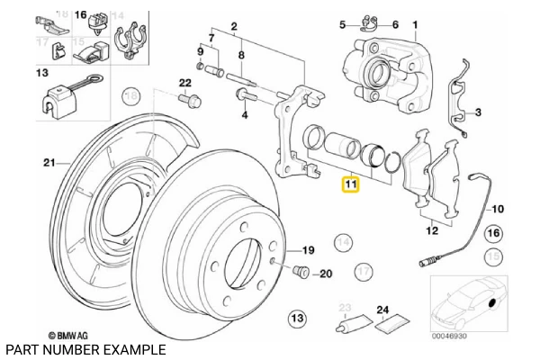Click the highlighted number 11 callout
(x=350, y=185)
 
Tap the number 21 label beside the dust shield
(x=48, y=163)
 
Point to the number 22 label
(x=184, y=83)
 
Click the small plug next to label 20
(x=301, y=273)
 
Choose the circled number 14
(x=342, y=241)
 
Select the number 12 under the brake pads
(x=432, y=230)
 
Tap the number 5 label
(x=342, y=25)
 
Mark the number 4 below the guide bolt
(x=244, y=115)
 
